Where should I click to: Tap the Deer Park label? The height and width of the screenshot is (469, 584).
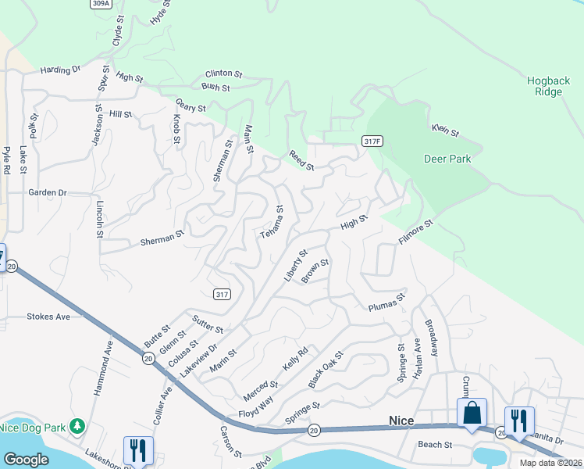(447, 159)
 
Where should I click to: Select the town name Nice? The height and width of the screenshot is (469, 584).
(402, 421)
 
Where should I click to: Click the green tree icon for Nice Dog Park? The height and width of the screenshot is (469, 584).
(77, 426)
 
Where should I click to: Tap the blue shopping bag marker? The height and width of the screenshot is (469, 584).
(472, 413)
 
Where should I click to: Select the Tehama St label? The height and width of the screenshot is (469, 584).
(272, 223)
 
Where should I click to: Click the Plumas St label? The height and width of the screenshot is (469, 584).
(387, 303)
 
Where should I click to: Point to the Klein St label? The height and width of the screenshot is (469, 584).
(444, 130)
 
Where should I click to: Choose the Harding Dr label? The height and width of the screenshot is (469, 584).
(61, 70)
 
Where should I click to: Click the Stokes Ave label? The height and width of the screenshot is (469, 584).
(48, 317)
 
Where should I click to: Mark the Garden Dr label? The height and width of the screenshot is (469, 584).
(48, 192)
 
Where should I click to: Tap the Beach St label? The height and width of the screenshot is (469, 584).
(436, 445)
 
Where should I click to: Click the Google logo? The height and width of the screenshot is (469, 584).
(27, 460)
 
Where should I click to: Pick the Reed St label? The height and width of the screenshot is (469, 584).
(301, 161)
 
